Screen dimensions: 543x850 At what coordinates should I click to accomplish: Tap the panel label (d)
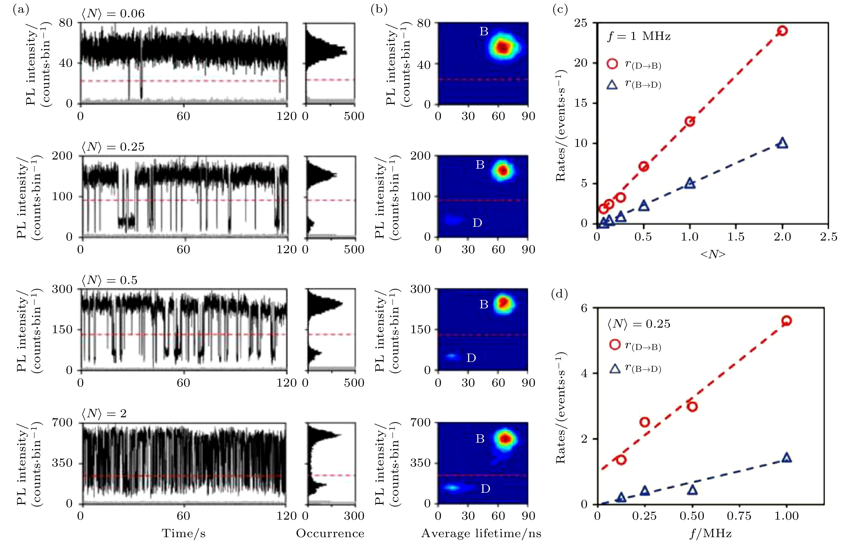click(x=559, y=294)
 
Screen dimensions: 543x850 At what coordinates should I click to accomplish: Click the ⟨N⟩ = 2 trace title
click(x=104, y=413)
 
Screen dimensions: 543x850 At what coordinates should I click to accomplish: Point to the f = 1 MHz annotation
click(x=639, y=36)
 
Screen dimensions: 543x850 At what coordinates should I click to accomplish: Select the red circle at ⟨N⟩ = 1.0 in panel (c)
click(x=690, y=121)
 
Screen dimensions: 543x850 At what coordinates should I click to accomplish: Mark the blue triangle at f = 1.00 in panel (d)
click(x=786, y=458)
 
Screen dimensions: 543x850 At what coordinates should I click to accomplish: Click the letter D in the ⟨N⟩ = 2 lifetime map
click(x=485, y=489)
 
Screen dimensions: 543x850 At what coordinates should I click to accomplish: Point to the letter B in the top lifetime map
click(x=484, y=32)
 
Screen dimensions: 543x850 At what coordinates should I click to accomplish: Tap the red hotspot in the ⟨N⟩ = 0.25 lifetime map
click(x=503, y=171)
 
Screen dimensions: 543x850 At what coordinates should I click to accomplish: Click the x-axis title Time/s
click(x=184, y=533)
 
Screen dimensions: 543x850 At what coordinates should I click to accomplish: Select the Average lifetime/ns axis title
click(x=481, y=533)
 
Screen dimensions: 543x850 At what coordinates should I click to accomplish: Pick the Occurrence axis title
click(x=330, y=533)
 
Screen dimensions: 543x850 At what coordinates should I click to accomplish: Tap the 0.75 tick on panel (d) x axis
click(x=739, y=516)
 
